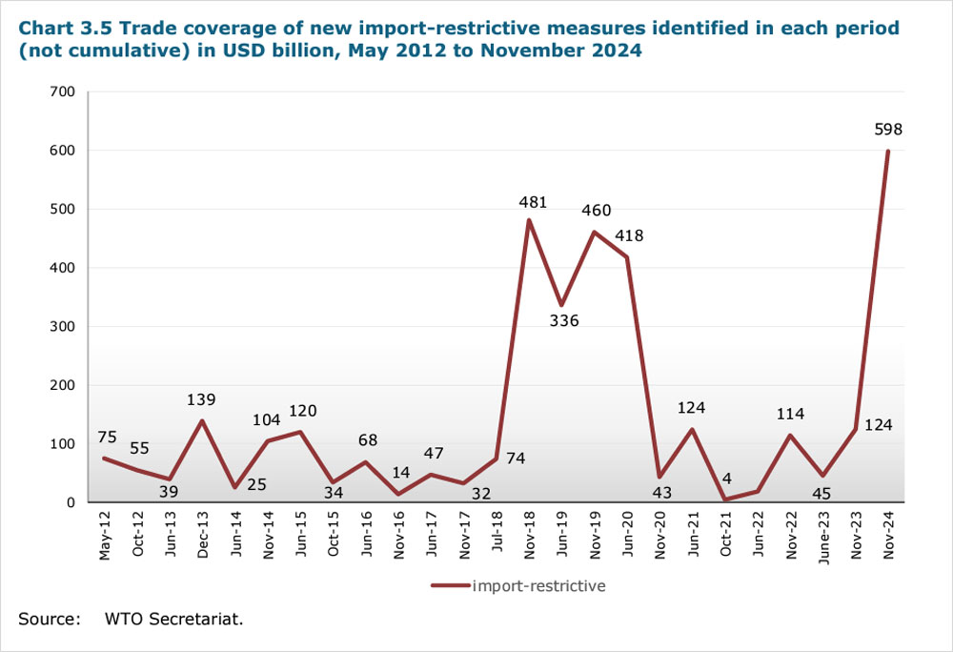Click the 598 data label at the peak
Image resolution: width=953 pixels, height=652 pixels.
(887, 130)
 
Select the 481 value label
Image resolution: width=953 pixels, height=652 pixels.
(533, 202)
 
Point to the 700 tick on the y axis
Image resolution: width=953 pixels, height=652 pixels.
(61, 92)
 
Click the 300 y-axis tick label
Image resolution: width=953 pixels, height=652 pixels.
(61, 326)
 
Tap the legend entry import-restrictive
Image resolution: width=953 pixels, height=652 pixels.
(538, 586)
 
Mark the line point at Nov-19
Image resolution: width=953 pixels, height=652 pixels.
(595, 232)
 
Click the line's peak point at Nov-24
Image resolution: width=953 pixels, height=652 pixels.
(888, 151)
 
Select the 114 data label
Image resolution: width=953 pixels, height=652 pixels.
(790, 415)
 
